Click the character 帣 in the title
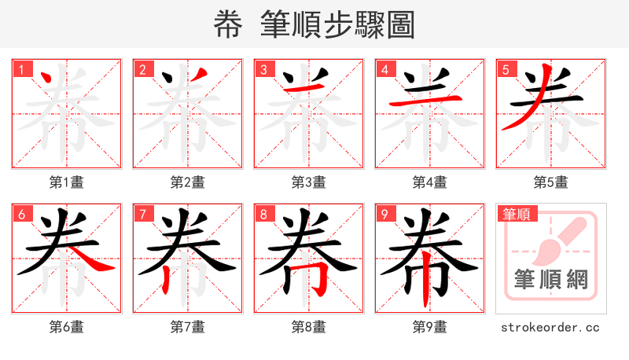[x=229, y=25]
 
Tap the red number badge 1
[x=21, y=69]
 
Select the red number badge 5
[x=506, y=69]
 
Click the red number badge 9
[x=384, y=214]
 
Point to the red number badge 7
[x=142, y=214]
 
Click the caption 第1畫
[x=66, y=182]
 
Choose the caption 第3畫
[x=308, y=182]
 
